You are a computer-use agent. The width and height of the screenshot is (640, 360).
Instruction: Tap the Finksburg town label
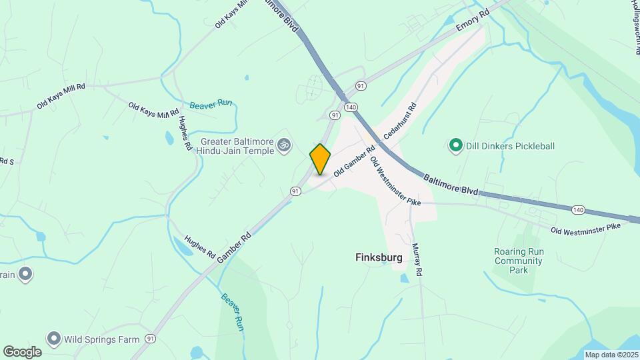[x=379, y=258]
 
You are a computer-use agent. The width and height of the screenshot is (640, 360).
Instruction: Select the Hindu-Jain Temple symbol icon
[x=285, y=144]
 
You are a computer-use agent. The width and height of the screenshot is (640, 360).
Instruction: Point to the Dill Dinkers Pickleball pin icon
[x=456, y=145]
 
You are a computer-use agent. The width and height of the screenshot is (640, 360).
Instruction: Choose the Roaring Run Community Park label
[x=519, y=261]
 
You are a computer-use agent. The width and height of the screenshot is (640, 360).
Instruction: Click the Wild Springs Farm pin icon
[x=53, y=339]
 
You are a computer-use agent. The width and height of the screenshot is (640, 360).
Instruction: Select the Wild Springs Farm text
[x=101, y=339]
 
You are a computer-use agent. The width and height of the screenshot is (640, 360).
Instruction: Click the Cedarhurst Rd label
[x=401, y=121]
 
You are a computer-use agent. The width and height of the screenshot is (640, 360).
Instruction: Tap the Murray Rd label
[x=418, y=259]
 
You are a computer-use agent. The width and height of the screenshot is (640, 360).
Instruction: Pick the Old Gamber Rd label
[x=352, y=162]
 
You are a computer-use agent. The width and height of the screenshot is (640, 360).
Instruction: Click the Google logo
[x=22, y=351]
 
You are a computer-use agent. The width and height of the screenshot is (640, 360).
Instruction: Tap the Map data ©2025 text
[x=611, y=354]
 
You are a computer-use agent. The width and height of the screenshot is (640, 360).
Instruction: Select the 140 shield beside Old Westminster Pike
[x=577, y=210]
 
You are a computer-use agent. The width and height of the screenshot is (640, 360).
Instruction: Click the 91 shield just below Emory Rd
[x=361, y=86]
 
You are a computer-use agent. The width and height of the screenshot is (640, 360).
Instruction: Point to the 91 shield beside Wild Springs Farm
[x=152, y=339]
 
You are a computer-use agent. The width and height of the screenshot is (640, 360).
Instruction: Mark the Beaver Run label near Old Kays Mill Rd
[x=210, y=105]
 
